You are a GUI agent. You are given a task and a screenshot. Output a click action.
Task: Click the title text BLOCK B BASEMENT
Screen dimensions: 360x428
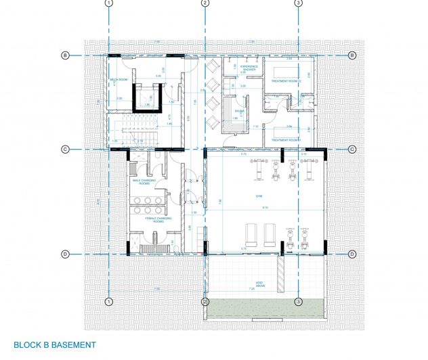(x=55, y=345)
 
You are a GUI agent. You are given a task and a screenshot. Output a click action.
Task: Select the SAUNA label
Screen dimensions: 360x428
(x=240, y=111)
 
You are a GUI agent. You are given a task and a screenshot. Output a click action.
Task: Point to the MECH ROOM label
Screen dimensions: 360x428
(x=121, y=80)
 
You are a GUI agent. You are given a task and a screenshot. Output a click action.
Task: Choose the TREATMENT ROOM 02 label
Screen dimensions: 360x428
(x=284, y=81)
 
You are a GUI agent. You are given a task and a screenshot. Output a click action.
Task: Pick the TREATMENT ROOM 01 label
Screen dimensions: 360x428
(x=284, y=140)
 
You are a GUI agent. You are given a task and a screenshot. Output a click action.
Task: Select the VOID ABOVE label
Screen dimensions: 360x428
(x=242, y=284)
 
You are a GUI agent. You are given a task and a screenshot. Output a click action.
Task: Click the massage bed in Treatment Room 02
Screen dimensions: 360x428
(x=286, y=70)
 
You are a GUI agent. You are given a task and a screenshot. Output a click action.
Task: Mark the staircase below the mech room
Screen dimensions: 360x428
(x=135, y=129)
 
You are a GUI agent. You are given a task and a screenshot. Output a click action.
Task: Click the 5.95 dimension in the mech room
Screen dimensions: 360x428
(x=158, y=76)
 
